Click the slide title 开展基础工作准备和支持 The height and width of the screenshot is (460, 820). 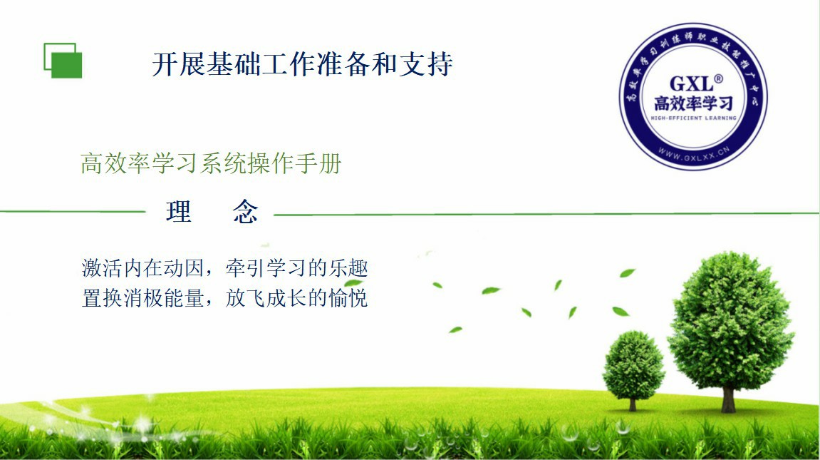coord(302,64)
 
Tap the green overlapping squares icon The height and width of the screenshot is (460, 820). coord(63,61)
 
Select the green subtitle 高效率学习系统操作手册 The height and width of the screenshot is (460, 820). coord(212,163)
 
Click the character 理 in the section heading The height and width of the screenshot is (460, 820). coord(179,212)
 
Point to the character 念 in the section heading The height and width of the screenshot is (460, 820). coord(245,212)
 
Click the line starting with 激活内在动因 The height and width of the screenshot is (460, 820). coord(225,268)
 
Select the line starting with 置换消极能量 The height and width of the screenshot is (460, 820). coord(225,298)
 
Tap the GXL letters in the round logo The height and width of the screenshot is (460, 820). coord(691,84)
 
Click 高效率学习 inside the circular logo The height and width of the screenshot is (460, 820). coord(693,103)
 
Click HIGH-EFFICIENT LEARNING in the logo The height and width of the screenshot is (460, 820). coord(693,118)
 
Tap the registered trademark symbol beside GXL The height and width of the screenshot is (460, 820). coord(719,79)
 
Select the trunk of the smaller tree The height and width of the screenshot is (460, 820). coord(633,404)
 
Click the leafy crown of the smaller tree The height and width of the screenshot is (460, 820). coord(633,365)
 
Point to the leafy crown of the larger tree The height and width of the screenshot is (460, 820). coord(730,320)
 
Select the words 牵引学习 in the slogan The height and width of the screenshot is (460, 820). coord(266,268)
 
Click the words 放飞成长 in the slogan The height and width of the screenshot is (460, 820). coord(266,298)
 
